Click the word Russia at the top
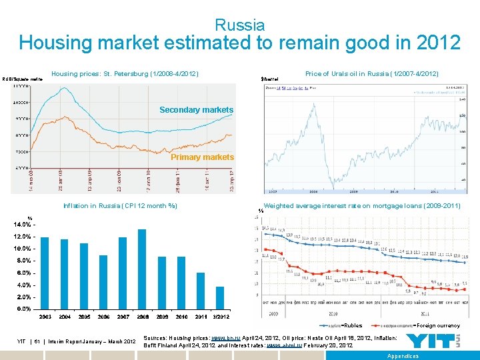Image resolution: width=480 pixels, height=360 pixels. (x=240, y=25)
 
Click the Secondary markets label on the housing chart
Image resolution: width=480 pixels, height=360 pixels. (x=196, y=110)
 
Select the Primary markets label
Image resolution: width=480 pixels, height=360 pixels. (x=202, y=157)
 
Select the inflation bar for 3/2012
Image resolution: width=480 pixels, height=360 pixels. (x=220, y=297)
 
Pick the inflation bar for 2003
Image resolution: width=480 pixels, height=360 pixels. (x=45, y=273)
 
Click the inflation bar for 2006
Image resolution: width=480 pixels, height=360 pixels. (x=103, y=281)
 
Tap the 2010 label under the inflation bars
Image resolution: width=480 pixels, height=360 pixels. (x=181, y=317)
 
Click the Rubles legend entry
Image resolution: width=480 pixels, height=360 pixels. (x=352, y=325)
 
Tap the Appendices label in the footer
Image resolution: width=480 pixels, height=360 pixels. (x=403, y=356)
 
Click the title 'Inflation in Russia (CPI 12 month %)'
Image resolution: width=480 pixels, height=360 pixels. (x=120, y=206)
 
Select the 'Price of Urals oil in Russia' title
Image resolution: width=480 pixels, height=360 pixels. (x=371, y=73)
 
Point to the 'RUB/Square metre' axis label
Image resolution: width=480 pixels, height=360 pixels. (x=22, y=79)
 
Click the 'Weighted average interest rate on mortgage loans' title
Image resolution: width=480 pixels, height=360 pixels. (x=362, y=206)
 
